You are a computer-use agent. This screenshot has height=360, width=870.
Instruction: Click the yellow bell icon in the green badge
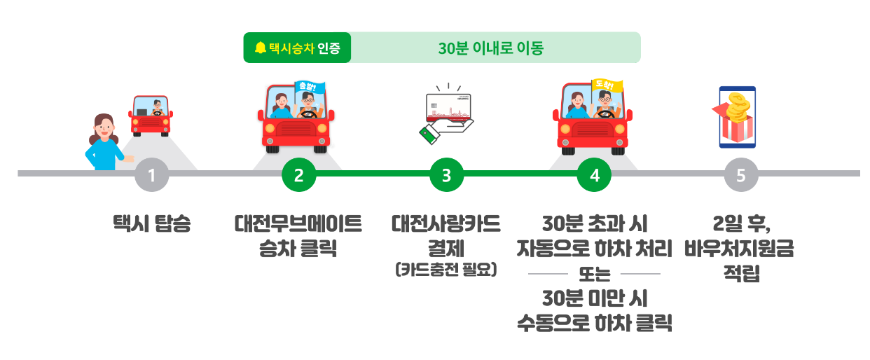tap(261, 48)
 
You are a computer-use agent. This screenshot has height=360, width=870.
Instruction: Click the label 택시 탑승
tap(152, 226)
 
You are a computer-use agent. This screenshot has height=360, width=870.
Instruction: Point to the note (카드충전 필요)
tap(446, 270)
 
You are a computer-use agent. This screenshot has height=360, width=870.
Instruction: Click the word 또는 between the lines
tap(594, 273)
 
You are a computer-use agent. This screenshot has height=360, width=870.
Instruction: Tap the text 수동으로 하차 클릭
tap(594, 323)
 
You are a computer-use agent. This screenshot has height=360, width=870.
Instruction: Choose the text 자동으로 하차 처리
tap(594, 249)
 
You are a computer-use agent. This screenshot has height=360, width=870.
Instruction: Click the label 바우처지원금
tap(741, 249)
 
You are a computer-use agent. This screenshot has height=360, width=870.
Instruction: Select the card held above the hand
tap(453, 108)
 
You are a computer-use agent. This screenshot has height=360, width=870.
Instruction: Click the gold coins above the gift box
tap(738, 106)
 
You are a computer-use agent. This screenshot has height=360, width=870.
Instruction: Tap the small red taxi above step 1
tap(151, 116)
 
